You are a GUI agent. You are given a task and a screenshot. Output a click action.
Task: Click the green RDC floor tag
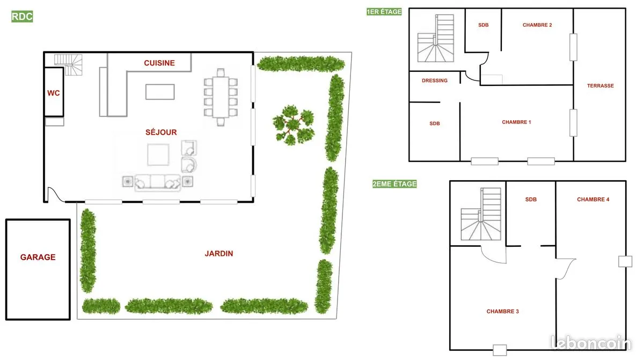pos(22,17)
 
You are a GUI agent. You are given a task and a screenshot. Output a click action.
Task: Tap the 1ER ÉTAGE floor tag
pos(384,12)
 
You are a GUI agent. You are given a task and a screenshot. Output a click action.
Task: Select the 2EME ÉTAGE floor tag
pos(394,184)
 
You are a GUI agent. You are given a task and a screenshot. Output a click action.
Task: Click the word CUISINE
pos(159,63)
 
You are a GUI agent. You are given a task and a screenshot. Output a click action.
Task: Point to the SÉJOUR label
pos(161,132)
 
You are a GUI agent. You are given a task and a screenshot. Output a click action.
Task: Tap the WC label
pos(54,93)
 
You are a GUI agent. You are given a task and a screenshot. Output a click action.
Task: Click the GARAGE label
pos(38,257)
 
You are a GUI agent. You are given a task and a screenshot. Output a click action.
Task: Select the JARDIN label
pos(219,253)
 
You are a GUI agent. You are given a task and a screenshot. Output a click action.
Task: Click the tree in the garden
pos(294,125)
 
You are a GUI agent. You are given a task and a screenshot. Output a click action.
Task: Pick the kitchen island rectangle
pos(160,92)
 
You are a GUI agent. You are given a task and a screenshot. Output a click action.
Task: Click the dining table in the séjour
pos(221,97)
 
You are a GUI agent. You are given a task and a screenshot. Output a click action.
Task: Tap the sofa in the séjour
pos(158,183)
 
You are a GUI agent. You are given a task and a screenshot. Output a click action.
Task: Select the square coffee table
pos(158,155)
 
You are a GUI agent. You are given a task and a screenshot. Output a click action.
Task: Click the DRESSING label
pos(434,80)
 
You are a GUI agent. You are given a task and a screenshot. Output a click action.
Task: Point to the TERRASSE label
pos(601,86)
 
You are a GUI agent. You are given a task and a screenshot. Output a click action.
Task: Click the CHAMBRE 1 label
pos(516,122)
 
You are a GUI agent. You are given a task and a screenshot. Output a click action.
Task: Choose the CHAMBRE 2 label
pos(537,25)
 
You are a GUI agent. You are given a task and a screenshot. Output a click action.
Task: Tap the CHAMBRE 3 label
pos(502,311)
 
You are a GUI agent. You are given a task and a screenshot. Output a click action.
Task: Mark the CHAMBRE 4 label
pos(593,200)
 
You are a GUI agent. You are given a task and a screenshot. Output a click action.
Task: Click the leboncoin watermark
pos(591,342)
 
